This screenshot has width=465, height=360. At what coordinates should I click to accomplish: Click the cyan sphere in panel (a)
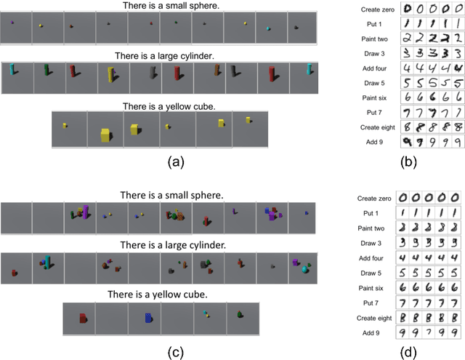tap(270, 29)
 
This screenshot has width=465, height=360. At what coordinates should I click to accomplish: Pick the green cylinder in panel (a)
tap(47, 71)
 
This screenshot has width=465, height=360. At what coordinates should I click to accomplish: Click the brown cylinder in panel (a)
tap(217, 71)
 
